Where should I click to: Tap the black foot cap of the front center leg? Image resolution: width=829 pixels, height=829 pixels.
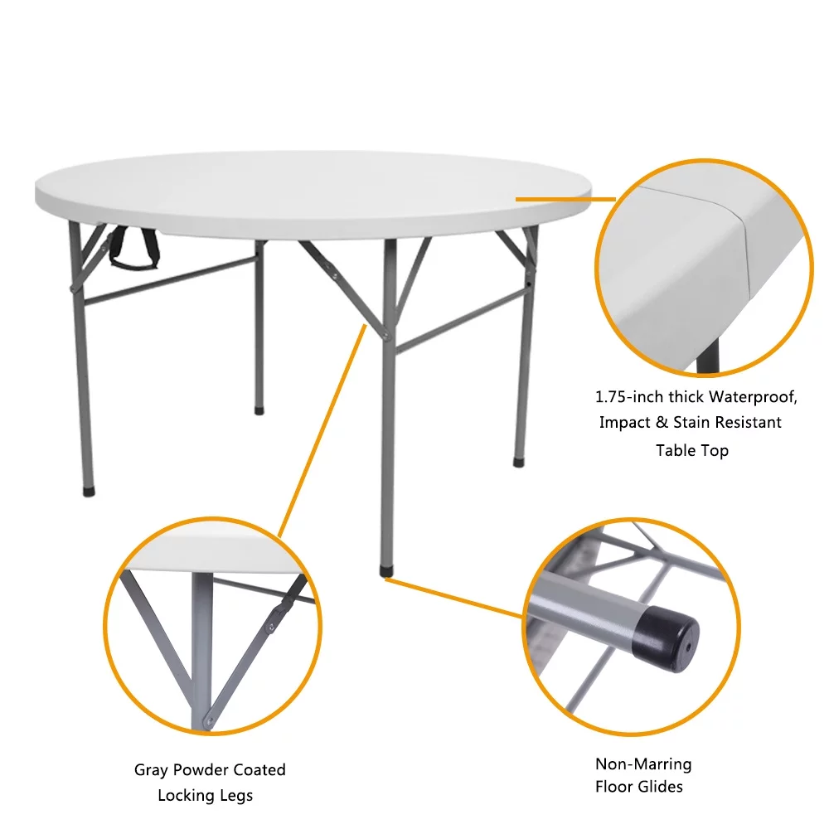coord(387,571)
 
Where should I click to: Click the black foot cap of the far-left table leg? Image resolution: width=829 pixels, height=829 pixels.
coord(89,491)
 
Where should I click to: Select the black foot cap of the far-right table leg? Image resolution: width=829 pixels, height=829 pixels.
coord(519,462)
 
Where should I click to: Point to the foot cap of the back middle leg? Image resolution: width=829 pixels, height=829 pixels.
coord(259,410)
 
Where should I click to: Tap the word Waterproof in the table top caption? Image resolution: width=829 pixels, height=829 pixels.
coord(753,396)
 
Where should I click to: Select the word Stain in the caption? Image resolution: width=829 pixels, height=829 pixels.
coord(694,423)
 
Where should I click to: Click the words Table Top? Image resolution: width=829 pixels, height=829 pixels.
coord(692,450)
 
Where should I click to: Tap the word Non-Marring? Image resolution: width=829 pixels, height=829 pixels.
coord(643,764)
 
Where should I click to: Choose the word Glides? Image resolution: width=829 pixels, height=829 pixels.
coord(661,787)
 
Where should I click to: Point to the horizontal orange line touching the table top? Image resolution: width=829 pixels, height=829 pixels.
coord(565,199)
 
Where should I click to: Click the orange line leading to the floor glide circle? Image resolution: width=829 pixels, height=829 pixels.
coord(454,598)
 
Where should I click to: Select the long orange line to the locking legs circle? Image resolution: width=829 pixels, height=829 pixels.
coord(322,431)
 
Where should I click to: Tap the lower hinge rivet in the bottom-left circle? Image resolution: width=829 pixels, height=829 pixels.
coord(210,720)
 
